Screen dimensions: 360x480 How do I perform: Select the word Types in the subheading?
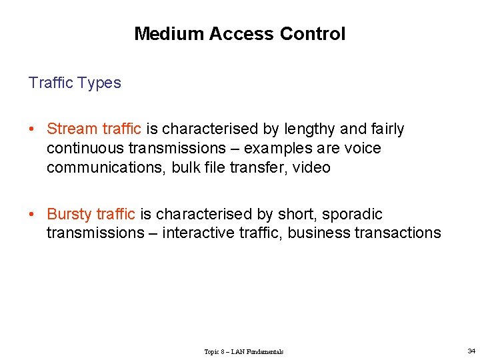pyautogui.click(x=99, y=83)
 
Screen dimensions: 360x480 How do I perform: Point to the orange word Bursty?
pyautogui.click(x=69, y=214)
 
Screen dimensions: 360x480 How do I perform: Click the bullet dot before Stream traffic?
pyautogui.click(x=31, y=129)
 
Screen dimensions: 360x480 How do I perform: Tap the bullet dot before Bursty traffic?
pyautogui.click(x=31, y=214)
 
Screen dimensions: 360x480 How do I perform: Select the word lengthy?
pyautogui.click(x=310, y=129)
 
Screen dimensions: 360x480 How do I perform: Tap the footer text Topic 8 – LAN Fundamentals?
pyautogui.click(x=243, y=351)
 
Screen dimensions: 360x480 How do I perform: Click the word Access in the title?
pyautogui.click(x=239, y=34)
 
